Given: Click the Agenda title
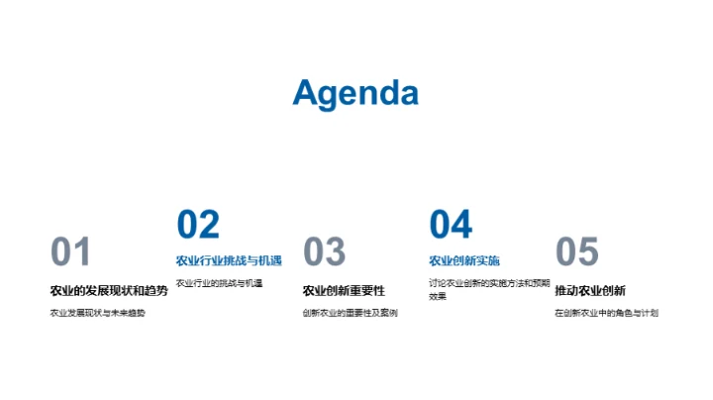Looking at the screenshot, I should point(356,93).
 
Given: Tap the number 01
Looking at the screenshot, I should point(70,252).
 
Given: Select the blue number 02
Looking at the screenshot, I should point(198,225).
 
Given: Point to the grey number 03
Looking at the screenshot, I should point(324,252).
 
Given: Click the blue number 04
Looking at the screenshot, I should point(451,225).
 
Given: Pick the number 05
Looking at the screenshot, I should point(577,252).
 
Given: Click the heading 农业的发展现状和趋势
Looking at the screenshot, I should point(109,290).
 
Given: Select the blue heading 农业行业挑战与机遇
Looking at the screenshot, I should point(229,261).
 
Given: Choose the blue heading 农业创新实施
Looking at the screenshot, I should point(464,261).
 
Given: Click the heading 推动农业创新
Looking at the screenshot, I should point(590,290).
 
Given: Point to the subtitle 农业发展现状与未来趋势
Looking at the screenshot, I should point(97,313).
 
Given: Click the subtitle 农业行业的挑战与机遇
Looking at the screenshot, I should point(219,283).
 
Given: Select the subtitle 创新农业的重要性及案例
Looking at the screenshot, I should point(350,313).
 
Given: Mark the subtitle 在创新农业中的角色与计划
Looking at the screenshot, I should point(606,313).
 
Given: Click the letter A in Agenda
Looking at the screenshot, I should point(306,93).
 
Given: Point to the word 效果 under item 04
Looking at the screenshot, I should point(438,296).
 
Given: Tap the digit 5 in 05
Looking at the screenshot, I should point(589,252).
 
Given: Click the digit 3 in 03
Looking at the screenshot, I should point(336,252).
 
